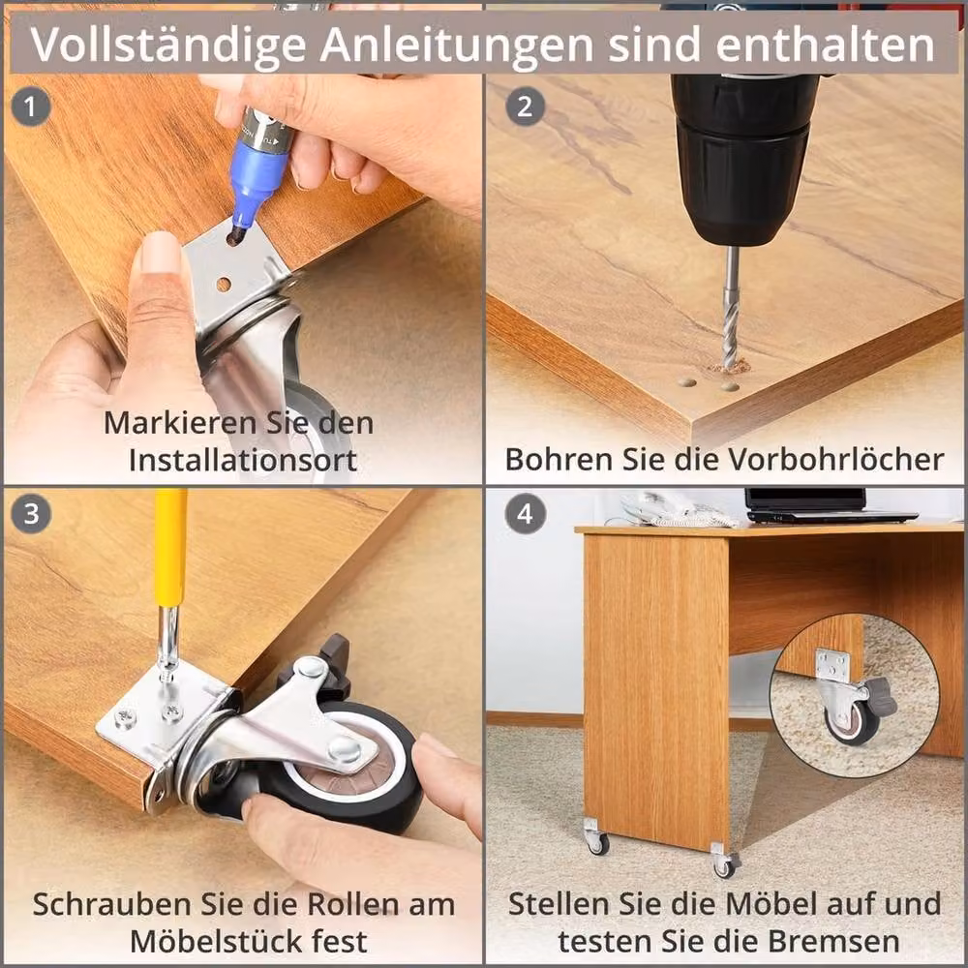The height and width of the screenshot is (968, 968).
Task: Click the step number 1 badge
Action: coord(30,106)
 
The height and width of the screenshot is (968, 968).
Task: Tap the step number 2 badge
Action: coord(525,106)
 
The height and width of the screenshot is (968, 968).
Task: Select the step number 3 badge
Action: coord(30,514)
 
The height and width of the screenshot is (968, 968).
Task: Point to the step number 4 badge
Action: coord(525,514)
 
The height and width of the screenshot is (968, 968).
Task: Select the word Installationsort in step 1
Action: coord(243,461)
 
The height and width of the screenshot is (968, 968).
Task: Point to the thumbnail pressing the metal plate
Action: coord(160,252)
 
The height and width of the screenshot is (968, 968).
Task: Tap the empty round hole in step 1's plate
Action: coord(224,285)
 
